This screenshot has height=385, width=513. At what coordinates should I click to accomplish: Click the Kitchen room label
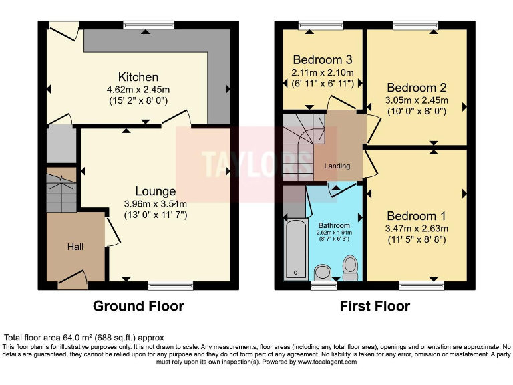(138, 77)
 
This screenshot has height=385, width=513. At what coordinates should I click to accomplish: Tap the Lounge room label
(156, 191)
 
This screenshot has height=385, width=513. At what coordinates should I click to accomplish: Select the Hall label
(75, 247)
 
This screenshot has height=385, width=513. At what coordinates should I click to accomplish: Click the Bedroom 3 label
(321, 57)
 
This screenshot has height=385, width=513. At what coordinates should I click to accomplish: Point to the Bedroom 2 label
(417, 88)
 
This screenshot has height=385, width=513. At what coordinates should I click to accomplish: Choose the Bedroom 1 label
(417, 216)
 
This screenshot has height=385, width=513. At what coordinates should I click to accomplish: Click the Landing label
(337, 165)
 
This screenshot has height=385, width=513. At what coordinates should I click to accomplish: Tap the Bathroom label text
(333, 225)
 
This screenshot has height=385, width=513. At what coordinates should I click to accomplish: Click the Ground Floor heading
(138, 306)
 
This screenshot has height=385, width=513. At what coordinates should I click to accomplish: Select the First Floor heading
(375, 306)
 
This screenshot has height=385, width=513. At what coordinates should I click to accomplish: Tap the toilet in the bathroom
(349, 268)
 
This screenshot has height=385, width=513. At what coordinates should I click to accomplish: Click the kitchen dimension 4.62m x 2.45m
(138, 90)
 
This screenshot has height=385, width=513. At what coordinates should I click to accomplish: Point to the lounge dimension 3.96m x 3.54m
(156, 204)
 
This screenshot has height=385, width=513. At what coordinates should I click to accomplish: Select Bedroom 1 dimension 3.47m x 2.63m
(417, 229)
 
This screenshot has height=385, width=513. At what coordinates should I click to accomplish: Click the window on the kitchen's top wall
(144, 25)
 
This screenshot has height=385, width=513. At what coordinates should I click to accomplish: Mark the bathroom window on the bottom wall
(324, 285)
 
